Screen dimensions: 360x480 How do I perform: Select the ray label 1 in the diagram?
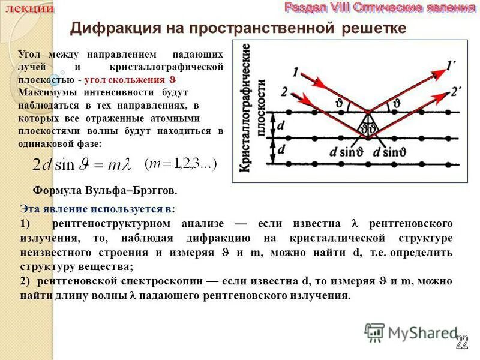pos(296,73)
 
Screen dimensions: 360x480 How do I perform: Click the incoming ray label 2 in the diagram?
pos(284,91)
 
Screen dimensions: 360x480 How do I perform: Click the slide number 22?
pos(461,342)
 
